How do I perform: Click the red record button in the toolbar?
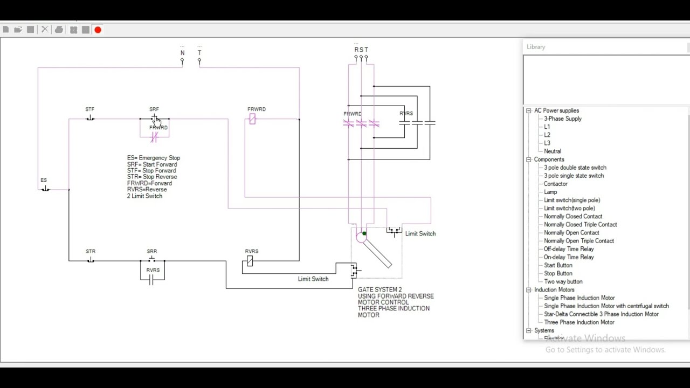point(98,30)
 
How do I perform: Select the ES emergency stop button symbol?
point(45,189)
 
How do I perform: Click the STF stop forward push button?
point(90,118)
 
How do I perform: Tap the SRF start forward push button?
point(154,118)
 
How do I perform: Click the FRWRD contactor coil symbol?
point(252,119)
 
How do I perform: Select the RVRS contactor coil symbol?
point(250,261)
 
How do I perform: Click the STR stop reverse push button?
point(91,260)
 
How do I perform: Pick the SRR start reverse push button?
point(152,260)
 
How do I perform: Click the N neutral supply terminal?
point(182,61)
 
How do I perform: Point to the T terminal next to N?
point(199,61)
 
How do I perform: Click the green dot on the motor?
point(364,233)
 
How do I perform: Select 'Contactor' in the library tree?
point(555,184)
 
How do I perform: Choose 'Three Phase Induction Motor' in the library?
point(579,322)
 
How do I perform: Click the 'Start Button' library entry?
point(558,265)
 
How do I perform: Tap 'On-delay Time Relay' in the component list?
point(569,257)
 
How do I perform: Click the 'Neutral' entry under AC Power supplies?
point(553,151)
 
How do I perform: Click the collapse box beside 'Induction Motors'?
point(529,290)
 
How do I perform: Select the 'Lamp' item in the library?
point(550,192)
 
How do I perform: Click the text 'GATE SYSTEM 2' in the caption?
point(379,290)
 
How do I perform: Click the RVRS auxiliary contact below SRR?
point(152,279)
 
